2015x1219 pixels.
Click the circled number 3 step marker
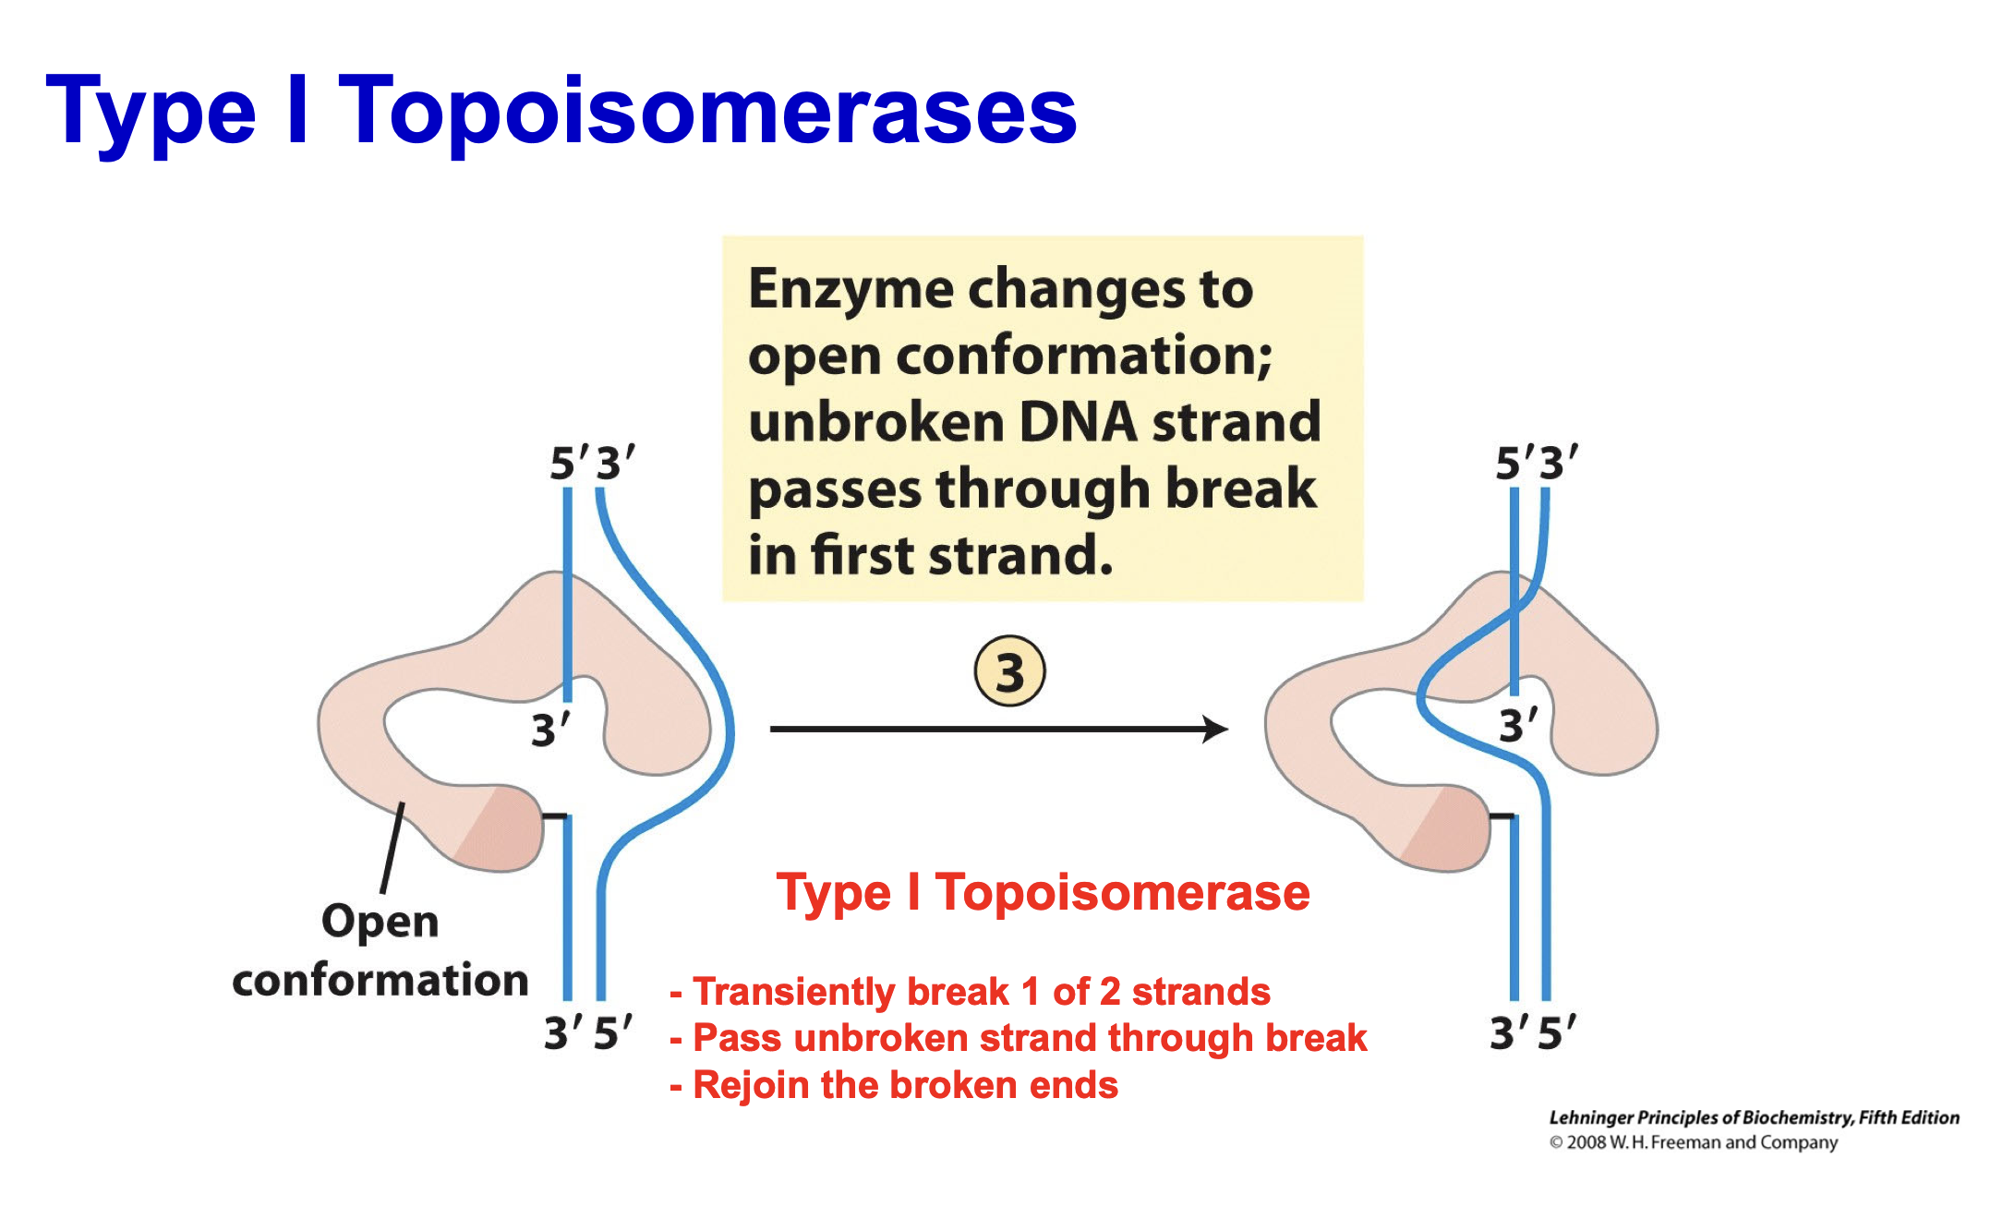tap(1009, 671)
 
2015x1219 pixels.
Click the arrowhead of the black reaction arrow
tap(1217, 729)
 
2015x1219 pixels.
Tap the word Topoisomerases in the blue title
tap(708, 111)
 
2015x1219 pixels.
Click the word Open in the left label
tap(380, 922)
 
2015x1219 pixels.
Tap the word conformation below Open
tap(380, 980)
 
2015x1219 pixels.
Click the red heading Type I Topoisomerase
tap(1043, 892)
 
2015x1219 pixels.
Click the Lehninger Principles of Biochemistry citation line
tap(1753, 1117)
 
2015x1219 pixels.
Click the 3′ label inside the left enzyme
tap(550, 730)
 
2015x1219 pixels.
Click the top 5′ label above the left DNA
tap(567, 463)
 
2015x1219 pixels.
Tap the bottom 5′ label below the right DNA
tap(1557, 1032)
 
